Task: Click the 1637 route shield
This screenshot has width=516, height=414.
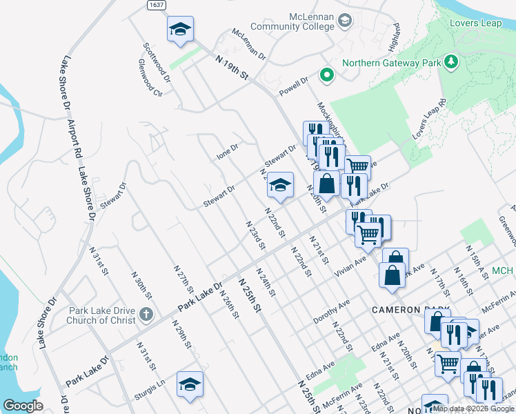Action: pos(157,5)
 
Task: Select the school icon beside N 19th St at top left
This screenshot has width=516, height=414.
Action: pos(180,30)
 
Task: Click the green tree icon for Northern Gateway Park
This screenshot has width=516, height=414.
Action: pos(451,63)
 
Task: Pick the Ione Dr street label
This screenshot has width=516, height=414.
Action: pos(227,151)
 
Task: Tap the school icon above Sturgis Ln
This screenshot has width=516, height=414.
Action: pos(190,385)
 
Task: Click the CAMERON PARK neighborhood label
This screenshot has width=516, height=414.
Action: pos(410,310)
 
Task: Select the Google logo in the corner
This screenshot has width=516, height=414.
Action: pos(23,406)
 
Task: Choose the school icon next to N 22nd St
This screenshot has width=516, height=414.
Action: pos(280,185)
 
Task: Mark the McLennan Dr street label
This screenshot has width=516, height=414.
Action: pos(248,41)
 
